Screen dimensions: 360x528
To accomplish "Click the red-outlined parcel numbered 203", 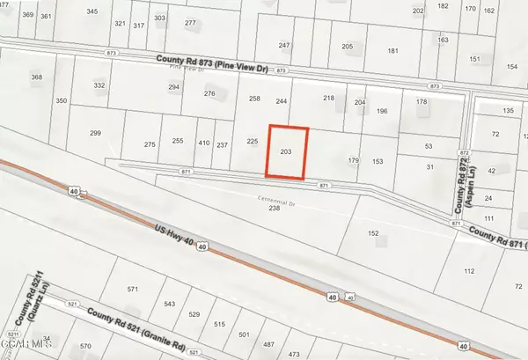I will click(x=286, y=151).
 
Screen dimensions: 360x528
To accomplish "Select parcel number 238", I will click(x=274, y=209).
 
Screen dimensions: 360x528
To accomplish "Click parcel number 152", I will click(x=373, y=233).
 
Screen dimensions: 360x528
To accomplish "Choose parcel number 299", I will click(x=95, y=133).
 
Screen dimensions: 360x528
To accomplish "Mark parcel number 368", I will click(x=36, y=77).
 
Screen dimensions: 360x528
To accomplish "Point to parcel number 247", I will click(x=283, y=45).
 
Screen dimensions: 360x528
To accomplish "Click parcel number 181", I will click(x=392, y=51).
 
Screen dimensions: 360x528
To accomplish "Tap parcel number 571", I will click(x=133, y=290).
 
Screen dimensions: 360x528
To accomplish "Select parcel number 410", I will click(x=203, y=143).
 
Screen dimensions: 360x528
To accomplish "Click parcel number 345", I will click(x=93, y=11).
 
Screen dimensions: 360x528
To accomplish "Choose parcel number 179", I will click(x=354, y=161).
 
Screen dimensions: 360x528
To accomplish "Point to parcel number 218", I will click(x=329, y=98).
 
